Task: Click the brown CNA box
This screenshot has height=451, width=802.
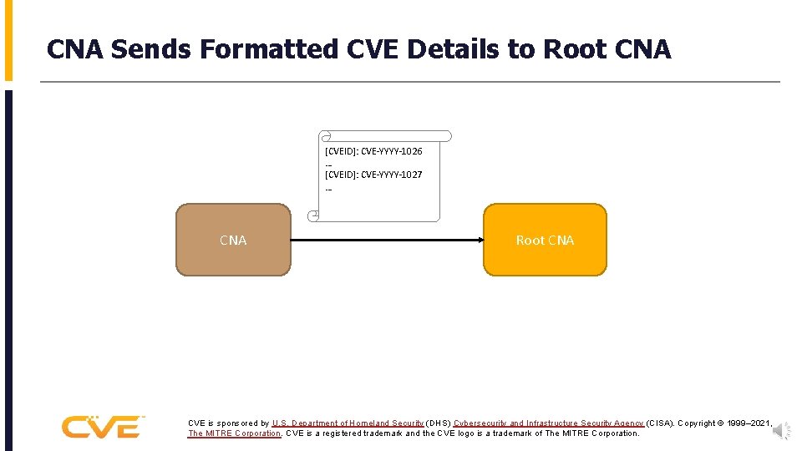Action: point(233,240)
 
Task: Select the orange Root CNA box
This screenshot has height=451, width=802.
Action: point(545,240)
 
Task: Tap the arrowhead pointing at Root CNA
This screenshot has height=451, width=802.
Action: point(480,240)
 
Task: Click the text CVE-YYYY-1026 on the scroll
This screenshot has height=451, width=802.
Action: point(373,151)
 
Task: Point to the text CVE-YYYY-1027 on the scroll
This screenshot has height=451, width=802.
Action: point(373,175)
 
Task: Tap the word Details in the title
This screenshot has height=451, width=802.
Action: point(456,50)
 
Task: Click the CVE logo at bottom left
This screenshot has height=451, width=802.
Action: point(102,427)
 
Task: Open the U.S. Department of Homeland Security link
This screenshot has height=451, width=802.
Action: point(348,423)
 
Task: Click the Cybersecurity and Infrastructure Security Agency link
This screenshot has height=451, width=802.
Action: point(549,423)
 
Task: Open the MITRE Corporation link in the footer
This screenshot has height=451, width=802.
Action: point(235,433)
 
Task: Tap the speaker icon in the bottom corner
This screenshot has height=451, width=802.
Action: point(782,430)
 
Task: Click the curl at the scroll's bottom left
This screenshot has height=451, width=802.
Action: point(314,216)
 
